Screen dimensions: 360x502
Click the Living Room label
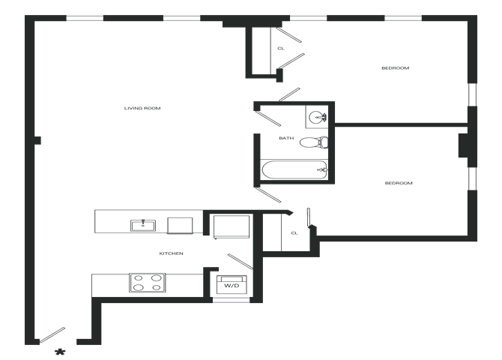point(143,109)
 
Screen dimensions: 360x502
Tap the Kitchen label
point(172,253)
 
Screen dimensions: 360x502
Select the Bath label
point(285,138)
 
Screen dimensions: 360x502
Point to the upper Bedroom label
point(395,68)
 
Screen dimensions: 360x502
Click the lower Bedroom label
point(399,184)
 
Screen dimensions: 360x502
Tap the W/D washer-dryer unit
point(229,285)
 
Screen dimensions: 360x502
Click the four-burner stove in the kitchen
point(148,283)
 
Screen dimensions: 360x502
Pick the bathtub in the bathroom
point(294,171)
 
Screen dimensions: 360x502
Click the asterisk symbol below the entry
point(60,350)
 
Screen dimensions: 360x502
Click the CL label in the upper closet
point(281,48)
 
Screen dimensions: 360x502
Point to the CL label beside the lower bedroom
point(294,232)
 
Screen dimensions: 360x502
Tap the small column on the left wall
point(37,139)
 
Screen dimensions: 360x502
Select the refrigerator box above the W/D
point(232,226)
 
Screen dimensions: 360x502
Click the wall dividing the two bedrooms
point(401,124)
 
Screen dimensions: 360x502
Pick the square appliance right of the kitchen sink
point(180,225)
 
